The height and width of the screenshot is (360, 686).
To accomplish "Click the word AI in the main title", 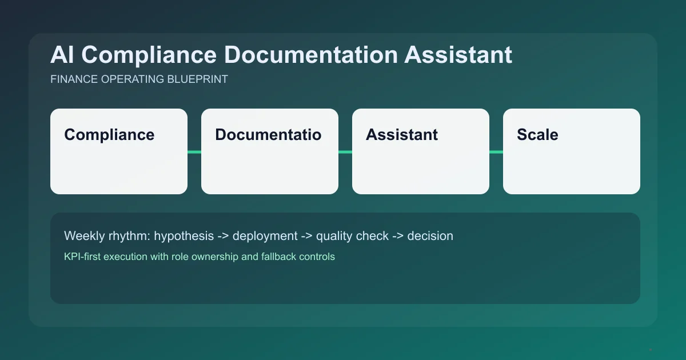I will click(61, 55).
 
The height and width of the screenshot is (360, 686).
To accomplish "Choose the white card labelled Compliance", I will click(119, 166).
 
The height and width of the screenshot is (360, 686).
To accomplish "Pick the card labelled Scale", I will click(572, 166).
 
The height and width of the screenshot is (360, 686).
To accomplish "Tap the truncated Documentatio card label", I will click(268, 135).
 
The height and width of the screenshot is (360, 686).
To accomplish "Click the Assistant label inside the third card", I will click(402, 135).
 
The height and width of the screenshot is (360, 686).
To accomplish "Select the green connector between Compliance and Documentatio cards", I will click(194, 151).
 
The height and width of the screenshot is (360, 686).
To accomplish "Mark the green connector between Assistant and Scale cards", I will click(496, 151).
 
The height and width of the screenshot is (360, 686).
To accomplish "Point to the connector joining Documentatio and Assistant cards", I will click(345, 151).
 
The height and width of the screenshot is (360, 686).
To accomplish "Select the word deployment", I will click(265, 236).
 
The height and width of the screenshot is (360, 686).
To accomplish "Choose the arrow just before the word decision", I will click(398, 236).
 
